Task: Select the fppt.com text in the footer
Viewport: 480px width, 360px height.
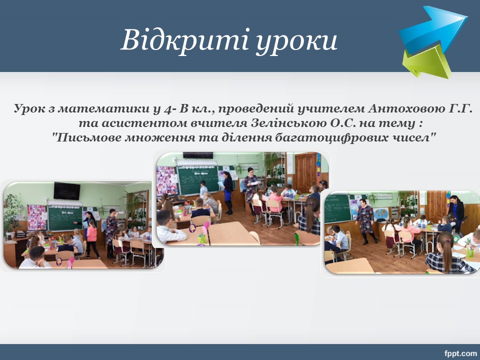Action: [x=460, y=353]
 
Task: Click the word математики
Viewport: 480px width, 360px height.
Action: [x=100, y=108]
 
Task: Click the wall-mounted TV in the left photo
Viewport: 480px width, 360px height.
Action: [x=66, y=190]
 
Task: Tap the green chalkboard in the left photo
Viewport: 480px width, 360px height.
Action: [x=65, y=217]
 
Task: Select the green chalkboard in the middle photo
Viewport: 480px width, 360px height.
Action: [x=198, y=179]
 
